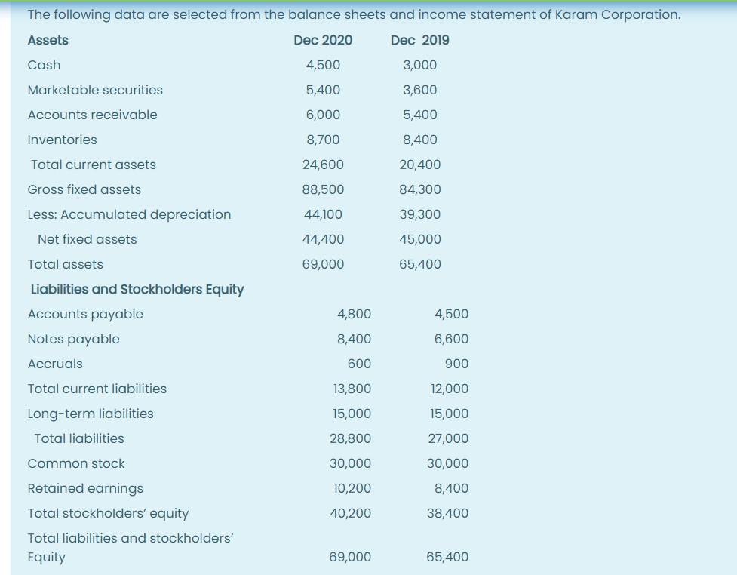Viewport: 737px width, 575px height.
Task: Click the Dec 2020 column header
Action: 323,40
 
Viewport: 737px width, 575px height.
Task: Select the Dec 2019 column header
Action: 420,40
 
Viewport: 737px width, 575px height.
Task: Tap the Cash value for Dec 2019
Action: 420,65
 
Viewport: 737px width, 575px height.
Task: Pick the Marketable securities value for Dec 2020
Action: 323,90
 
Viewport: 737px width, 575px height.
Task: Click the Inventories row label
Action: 62,140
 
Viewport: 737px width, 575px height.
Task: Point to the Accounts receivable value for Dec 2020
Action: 323,115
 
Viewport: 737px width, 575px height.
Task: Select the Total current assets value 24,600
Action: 323,165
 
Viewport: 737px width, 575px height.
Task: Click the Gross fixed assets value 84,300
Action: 420,189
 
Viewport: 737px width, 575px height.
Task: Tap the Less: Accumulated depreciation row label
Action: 129,214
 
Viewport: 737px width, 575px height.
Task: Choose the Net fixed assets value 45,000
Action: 420,239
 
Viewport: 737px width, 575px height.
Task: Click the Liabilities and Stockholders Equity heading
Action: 137,289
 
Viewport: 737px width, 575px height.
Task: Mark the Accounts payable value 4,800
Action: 354,314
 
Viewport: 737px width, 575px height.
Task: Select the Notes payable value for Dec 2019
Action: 451,339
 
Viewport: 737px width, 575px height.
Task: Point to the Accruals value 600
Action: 359,364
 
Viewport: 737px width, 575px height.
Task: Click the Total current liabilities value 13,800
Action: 352,389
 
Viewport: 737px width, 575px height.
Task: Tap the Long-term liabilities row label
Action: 91,414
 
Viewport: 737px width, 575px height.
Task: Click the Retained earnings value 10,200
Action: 352,488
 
